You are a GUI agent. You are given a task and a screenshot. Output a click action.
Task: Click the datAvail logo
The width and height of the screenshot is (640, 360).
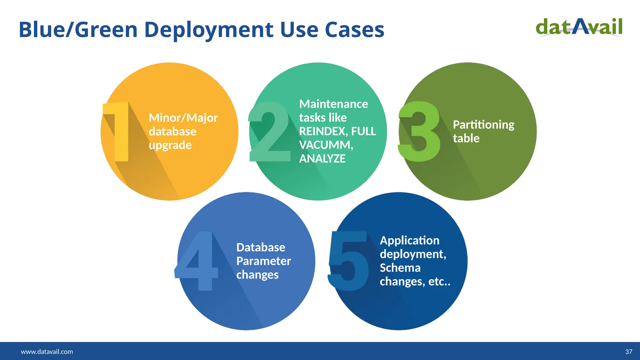tap(579, 27)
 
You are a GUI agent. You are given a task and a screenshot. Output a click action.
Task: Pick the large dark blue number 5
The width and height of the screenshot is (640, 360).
tap(348, 261)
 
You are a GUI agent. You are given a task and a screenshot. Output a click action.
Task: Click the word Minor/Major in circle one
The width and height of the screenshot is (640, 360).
tap(183, 118)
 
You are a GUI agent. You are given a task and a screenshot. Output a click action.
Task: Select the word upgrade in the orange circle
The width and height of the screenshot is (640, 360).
tap(170, 145)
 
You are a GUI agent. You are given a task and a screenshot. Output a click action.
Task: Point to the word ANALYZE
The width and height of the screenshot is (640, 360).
tap(322, 159)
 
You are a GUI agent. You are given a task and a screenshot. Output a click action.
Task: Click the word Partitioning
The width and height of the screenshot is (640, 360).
tap(483, 125)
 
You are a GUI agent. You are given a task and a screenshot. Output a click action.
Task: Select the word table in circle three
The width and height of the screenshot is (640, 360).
tap(466, 138)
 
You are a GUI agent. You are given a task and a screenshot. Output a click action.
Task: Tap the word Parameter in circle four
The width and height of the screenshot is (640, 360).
tap(263, 261)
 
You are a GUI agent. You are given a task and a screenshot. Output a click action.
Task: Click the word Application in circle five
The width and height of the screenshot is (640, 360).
tap(409, 240)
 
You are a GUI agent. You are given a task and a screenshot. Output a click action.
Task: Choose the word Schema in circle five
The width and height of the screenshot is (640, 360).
tap(400, 268)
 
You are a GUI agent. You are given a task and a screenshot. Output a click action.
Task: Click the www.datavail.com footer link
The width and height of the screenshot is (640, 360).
tap(47, 352)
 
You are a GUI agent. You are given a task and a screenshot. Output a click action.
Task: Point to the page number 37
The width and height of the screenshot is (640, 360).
tap(628, 352)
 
